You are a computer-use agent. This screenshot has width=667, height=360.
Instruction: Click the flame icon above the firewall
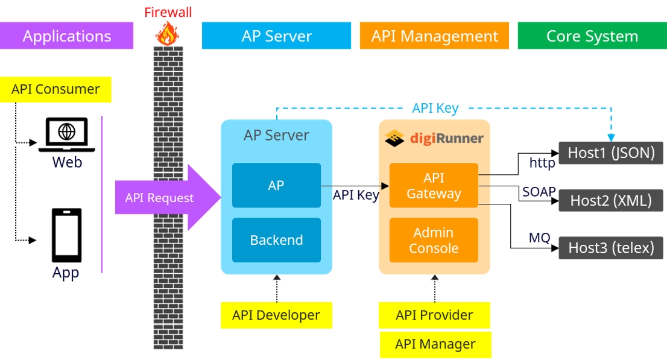(x=166, y=33)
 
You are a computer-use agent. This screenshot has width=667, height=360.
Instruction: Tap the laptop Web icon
(x=66, y=134)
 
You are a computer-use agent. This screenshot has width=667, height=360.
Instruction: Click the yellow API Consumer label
(x=55, y=89)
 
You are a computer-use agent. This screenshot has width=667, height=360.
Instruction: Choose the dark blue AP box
(x=276, y=185)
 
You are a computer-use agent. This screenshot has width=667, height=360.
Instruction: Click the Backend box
(x=276, y=240)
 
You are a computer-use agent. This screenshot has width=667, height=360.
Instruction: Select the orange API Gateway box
(x=434, y=186)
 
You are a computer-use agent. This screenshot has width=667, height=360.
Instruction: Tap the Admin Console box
(x=434, y=240)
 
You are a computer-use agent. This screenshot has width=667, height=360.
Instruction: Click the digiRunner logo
(x=434, y=139)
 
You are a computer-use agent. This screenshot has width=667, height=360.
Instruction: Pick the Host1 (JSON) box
(x=611, y=153)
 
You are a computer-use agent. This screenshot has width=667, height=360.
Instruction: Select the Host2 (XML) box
(x=611, y=200)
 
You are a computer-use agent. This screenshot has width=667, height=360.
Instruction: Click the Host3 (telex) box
(x=611, y=248)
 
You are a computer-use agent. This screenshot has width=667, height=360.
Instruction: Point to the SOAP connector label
(x=539, y=192)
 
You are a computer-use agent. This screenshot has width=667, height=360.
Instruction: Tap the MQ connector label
(x=539, y=238)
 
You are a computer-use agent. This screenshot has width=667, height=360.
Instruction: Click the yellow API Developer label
(x=276, y=315)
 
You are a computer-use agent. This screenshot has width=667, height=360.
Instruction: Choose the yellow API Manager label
(x=435, y=344)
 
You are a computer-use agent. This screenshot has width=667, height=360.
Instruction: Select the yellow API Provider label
(x=434, y=315)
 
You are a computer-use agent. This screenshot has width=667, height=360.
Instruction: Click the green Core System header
(x=592, y=36)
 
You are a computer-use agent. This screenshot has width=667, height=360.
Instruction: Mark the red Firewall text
(x=168, y=12)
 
